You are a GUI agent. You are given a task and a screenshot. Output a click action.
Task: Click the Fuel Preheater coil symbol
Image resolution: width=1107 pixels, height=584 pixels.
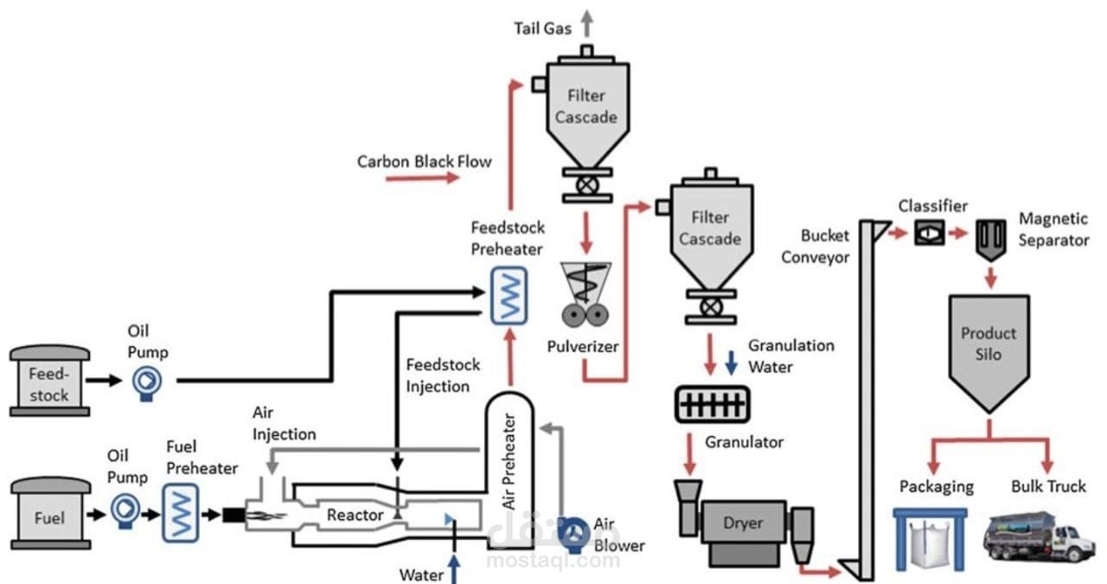pyautogui.click(x=181, y=513)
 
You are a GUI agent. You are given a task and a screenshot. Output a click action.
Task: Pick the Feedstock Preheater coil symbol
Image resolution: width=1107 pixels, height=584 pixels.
pyautogui.click(x=509, y=295)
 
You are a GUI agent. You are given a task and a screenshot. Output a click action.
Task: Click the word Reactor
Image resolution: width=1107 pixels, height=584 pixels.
pyautogui.click(x=355, y=516)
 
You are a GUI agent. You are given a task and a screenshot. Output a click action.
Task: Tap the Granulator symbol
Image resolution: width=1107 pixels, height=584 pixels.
pyautogui.click(x=712, y=404)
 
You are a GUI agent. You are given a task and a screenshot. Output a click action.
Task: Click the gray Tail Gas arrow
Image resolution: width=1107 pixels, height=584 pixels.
pyautogui.click(x=587, y=23)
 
